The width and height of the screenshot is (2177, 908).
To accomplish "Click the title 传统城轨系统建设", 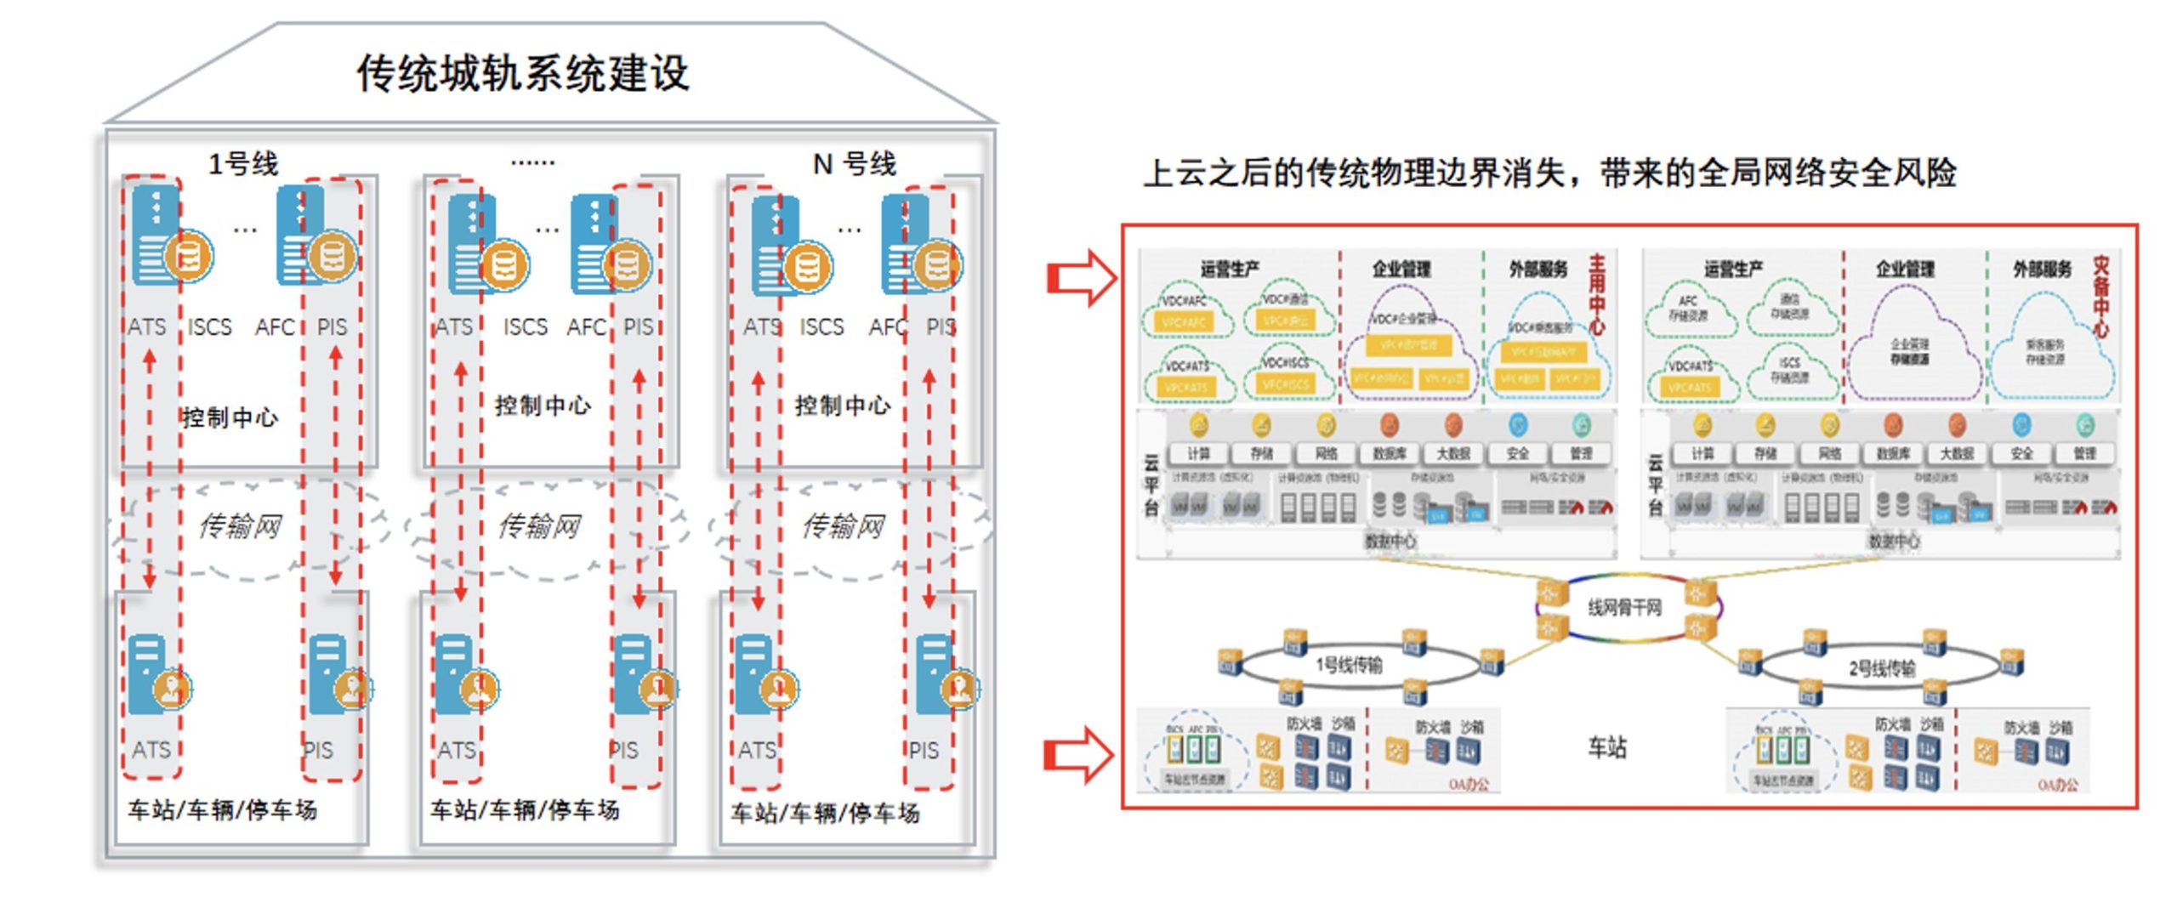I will point(522,74).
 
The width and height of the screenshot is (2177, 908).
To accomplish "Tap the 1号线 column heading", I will point(243,163).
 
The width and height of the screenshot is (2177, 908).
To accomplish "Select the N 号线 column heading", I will point(854,163).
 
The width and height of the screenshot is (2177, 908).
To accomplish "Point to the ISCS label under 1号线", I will point(209,327).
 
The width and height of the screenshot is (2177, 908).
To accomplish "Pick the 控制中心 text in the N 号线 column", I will point(842,406).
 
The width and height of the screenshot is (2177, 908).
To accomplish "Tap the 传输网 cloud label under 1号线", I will point(240,526).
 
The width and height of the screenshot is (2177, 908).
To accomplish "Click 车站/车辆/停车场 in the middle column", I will point(525,810).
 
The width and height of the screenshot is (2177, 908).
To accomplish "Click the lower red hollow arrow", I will point(1079,754).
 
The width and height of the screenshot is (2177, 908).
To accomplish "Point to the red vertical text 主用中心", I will point(1597,293).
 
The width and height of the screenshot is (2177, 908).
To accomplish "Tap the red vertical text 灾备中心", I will point(2100,297).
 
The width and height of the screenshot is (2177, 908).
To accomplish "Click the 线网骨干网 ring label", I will point(1624,608).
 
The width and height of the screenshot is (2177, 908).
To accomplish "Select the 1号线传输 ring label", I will point(1349,664).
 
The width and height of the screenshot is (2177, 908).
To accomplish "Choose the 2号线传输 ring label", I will point(1882,668).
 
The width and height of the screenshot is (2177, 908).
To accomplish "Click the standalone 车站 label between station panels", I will point(1607,747).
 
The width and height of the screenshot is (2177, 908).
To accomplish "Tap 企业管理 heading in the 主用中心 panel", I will point(1401,270).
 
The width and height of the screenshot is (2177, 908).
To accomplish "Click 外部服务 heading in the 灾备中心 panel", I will point(2043,270).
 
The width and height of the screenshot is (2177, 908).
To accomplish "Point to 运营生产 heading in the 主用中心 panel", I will point(1230,270).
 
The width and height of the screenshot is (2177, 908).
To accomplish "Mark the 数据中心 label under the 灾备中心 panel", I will point(1893,541).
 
